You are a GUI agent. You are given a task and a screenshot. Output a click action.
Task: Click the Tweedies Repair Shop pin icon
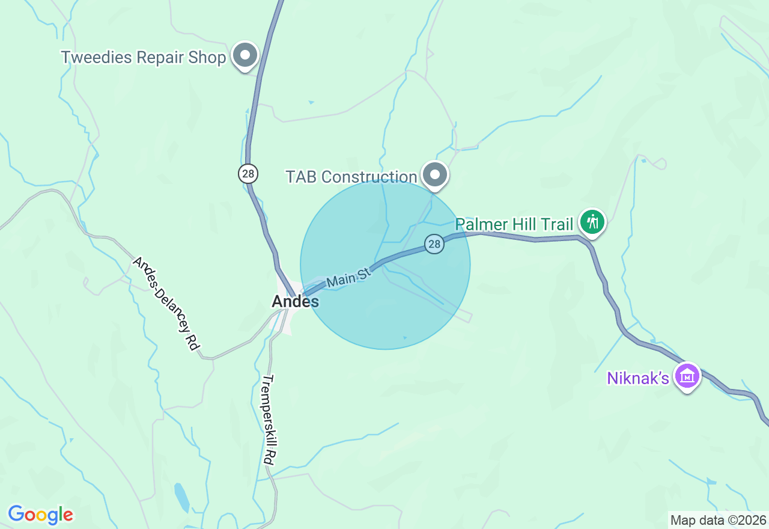245,56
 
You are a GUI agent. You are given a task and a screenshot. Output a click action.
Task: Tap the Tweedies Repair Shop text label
144,58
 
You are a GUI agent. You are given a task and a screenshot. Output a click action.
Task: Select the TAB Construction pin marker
435,176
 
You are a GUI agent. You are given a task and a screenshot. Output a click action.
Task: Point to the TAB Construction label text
351,177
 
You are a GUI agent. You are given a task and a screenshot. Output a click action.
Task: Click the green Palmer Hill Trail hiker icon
592,222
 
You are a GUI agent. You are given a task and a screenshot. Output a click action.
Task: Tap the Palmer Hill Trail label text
514,225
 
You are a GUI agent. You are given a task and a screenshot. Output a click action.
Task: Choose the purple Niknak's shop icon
687,376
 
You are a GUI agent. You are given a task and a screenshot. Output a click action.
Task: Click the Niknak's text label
638,378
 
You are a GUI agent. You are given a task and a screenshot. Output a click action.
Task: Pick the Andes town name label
295,301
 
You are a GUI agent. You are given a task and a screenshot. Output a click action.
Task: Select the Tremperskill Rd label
269,419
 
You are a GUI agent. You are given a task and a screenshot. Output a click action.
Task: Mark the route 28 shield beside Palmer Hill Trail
434,244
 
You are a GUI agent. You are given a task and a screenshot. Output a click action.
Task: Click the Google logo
41,515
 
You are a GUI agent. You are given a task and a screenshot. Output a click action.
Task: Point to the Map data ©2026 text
718,520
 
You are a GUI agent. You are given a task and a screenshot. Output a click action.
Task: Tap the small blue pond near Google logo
181,496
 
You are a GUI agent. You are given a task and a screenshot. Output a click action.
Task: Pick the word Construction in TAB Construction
369,177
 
